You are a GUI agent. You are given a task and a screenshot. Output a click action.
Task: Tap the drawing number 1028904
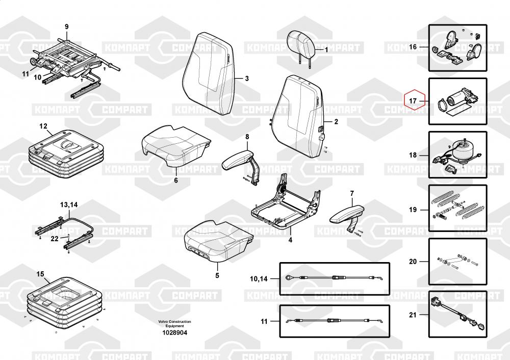click(175, 332)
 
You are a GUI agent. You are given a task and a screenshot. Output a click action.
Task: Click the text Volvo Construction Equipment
click(174, 324)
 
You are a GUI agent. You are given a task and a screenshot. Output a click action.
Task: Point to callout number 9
click(67, 27)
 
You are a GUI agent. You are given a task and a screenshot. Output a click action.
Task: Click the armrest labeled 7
click(347, 216)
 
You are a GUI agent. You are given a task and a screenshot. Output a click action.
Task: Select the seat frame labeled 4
click(286, 205)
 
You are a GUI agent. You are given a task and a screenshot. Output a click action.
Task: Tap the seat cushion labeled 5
click(217, 241)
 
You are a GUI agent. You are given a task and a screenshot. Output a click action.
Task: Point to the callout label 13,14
click(69, 205)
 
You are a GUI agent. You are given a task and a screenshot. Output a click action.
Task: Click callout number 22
click(55, 239)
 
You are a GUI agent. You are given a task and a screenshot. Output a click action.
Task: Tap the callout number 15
click(40, 274)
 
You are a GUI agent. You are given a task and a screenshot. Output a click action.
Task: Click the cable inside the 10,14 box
click(334, 278)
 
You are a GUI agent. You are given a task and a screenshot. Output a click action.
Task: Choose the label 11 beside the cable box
click(264, 321)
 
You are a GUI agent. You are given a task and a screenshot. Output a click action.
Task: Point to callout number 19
click(413, 210)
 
